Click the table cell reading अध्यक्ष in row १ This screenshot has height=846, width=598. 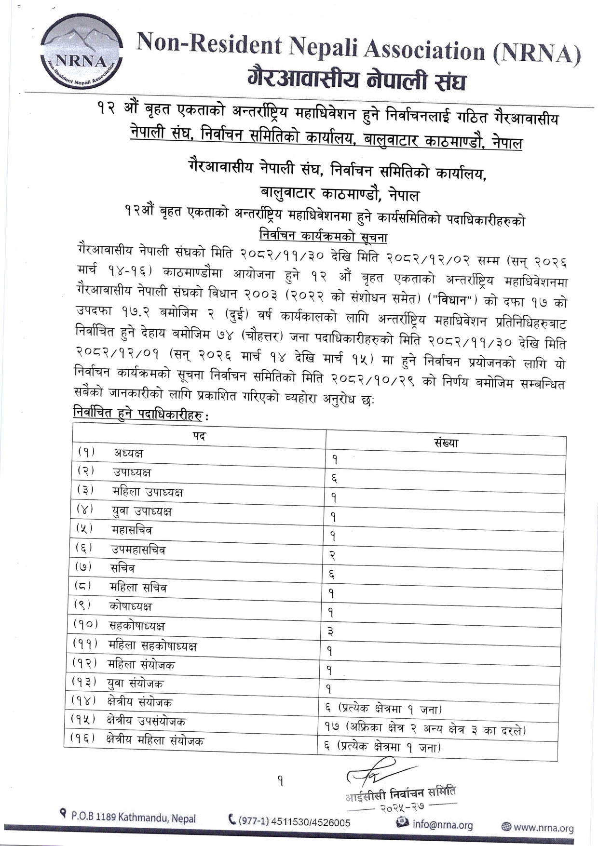pyautogui.click(x=128, y=453)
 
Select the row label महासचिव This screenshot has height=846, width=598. pyautogui.click(x=132, y=530)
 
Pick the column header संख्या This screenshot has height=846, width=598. pyautogui.click(x=446, y=443)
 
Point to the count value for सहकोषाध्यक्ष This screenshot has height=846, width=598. pyautogui.click(x=331, y=631)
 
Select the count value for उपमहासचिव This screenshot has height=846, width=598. pyautogui.click(x=332, y=555)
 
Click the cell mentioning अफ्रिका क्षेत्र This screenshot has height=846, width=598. pyautogui.click(x=425, y=729)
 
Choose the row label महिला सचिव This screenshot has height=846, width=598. pyautogui.click(x=138, y=588)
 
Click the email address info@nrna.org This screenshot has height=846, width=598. pyautogui.click(x=442, y=825)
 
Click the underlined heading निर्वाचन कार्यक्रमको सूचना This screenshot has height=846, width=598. pyautogui.click(x=323, y=237)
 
